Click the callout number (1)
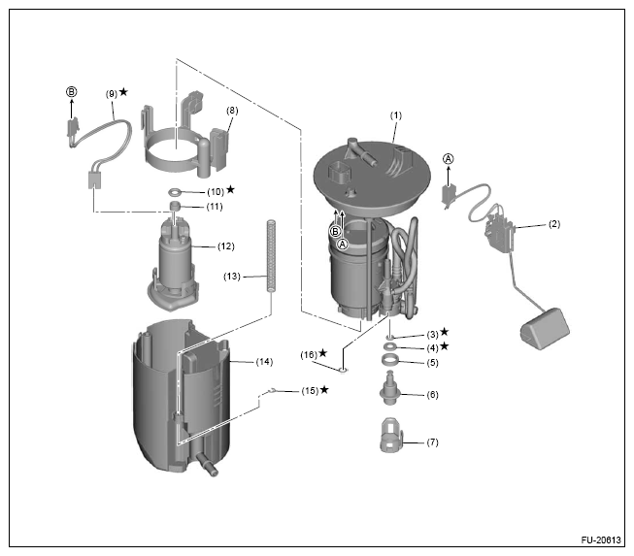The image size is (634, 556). (396, 115)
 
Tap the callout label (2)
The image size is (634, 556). (553, 224)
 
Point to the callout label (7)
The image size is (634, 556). (432, 442)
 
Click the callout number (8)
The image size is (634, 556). (231, 112)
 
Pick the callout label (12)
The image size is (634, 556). (226, 245)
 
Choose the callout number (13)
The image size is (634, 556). (232, 277)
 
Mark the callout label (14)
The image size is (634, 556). (262, 362)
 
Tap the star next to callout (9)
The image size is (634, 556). (123, 92)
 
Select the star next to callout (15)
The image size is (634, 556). (323, 390)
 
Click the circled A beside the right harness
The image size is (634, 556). (448, 158)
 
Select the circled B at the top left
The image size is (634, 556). (71, 91)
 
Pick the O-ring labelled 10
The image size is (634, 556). (177, 192)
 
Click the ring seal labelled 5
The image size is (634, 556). (387, 362)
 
